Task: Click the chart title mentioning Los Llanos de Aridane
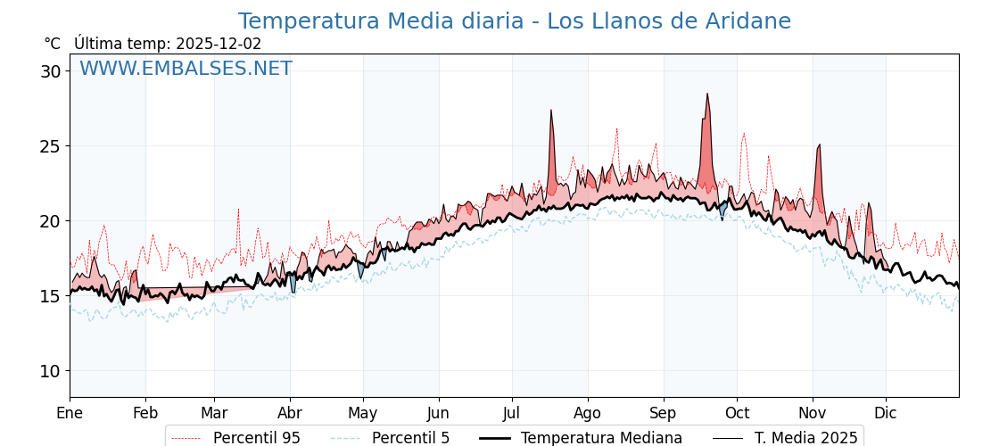(514, 21)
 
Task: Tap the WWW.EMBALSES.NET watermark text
(186, 69)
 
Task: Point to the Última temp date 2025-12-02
(219, 44)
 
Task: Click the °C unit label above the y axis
(53, 44)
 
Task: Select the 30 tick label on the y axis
(50, 71)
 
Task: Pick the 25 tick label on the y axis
(50, 146)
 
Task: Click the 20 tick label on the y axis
(50, 221)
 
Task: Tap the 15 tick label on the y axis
(50, 296)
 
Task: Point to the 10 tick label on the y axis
(50, 371)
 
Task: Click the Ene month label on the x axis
(70, 414)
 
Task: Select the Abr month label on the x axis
(290, 414)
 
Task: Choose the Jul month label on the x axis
(512, 414)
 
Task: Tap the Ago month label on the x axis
(588, 414)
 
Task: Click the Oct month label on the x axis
(737, 414)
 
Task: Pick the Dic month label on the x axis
(886, 414)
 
